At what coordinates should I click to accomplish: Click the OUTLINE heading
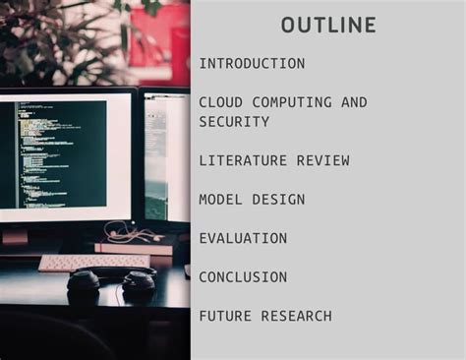tap(328, 25)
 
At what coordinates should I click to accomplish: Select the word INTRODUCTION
tap(252, 64)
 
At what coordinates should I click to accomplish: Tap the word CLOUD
tap(221, 102)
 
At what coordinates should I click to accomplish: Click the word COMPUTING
tap(292, 102)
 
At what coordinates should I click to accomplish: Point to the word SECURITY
tap(234, 122)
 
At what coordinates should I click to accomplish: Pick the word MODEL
tap(221, 200)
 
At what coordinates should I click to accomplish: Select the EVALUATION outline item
tap(243, 238)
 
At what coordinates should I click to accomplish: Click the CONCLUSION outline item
tap(243, 277)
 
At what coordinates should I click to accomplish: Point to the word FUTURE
tap(225, 316)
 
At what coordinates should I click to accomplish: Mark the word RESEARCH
tap(296, 316)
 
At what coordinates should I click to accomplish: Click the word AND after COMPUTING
tap(354, 102)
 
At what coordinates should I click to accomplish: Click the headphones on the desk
tap(110, 284)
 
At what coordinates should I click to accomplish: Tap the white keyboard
tap(93, 262)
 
